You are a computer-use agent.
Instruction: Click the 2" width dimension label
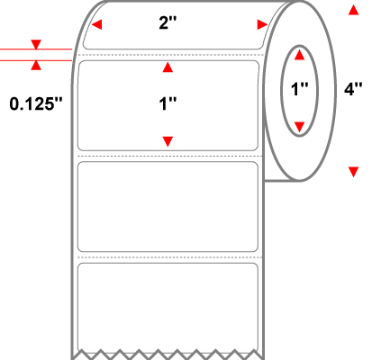coord(168,22)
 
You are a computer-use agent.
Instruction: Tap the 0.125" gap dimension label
coord(36,104)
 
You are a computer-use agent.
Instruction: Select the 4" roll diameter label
coord(353,89)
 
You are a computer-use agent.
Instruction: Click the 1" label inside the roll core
coord(300,89)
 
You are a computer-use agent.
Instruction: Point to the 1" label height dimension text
coord(168,104)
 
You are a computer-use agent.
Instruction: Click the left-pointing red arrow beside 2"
coord(96,24)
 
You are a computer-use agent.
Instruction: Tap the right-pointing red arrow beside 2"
coord(262,24)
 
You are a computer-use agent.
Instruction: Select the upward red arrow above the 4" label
coord(353,10)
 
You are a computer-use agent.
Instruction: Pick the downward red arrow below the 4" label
coord(353,172)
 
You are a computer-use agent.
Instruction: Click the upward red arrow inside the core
coord(299,55)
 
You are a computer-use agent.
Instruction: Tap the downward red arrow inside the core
coord(299,127)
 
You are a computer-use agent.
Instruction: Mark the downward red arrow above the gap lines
coord(36,44)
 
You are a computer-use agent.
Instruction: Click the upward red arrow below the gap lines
coord(36,65)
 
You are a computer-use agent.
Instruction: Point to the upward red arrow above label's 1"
coord(168,67)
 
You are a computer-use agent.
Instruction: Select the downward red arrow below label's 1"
coord(168,141)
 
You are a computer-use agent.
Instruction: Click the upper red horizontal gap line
coord(36,49)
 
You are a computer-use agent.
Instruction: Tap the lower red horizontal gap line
coord(36,60)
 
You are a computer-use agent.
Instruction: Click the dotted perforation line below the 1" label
coord(170,157)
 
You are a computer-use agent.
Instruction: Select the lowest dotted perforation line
coord(170,257)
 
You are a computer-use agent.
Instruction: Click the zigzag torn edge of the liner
coord(168,354)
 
